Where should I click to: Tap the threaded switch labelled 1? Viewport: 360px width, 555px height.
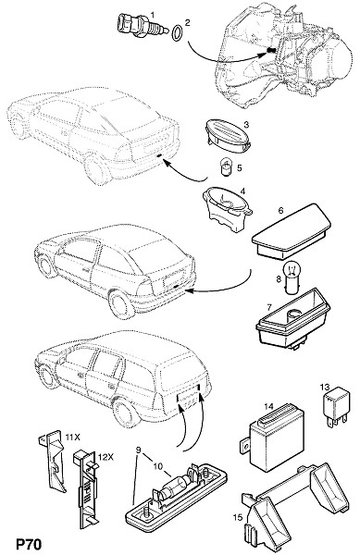(x=142, y=25)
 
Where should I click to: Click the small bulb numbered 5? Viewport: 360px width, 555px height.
(x=226, y=168)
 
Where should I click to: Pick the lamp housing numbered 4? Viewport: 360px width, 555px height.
(x=228, y=211)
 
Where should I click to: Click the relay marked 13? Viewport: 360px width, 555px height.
(x=335, y=406)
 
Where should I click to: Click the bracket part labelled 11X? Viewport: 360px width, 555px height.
(x=52, y=462)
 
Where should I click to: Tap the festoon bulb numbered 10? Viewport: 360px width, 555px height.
(x=176, y=487)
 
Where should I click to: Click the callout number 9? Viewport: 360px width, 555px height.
(x=139, y=450)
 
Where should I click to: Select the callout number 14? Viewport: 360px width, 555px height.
(x=269, y=406)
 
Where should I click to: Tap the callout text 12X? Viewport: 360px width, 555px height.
(x=106, y=457)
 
